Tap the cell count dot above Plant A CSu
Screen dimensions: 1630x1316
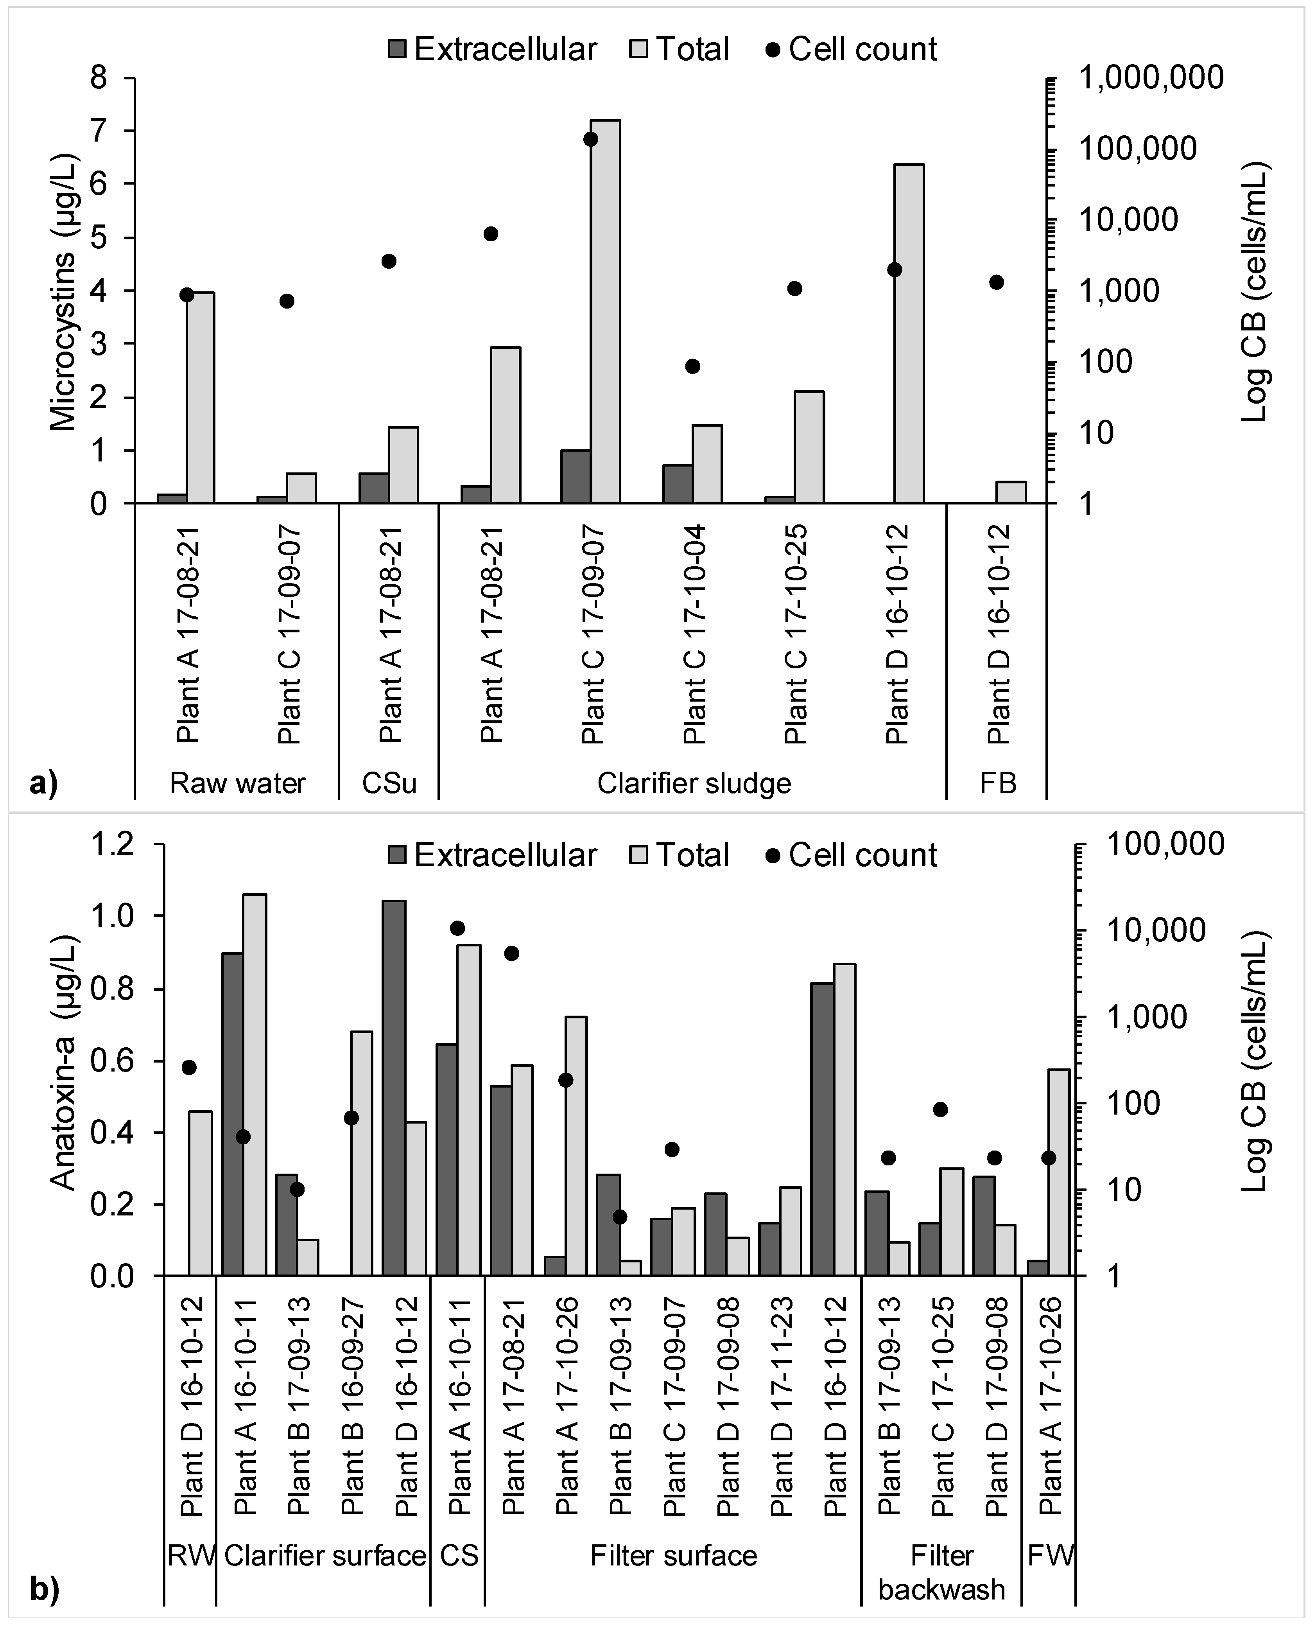389,261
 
